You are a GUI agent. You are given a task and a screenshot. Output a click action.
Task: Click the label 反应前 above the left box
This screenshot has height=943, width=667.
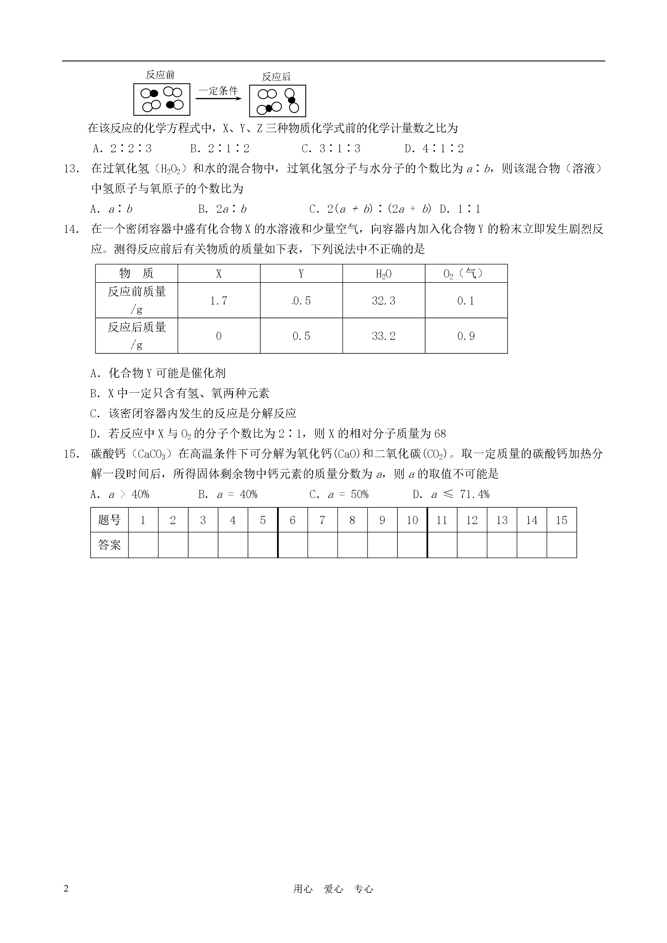click(160, 75)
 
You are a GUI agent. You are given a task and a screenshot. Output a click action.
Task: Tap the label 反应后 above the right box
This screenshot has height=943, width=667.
click(276, 77)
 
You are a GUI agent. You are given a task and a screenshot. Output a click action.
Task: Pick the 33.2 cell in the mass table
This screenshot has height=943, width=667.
click(383, 336)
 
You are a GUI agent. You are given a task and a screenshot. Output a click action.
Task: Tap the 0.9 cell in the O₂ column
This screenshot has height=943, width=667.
click(466, 336)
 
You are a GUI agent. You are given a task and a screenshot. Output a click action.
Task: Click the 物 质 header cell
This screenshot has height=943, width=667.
click(137, 273)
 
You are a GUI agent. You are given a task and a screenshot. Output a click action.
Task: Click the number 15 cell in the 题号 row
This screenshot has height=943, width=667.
click(562, 520)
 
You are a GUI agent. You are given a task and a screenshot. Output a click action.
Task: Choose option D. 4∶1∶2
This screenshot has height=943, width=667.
click(434, 149)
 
